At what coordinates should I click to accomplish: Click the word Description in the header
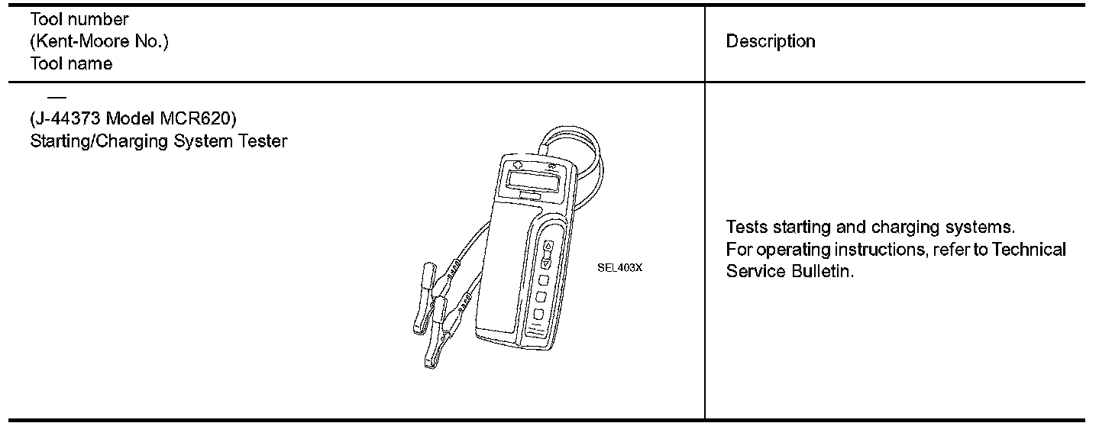[770, 41]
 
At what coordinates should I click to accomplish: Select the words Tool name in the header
[71, 64]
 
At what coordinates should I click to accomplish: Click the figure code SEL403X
[620, 268]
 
